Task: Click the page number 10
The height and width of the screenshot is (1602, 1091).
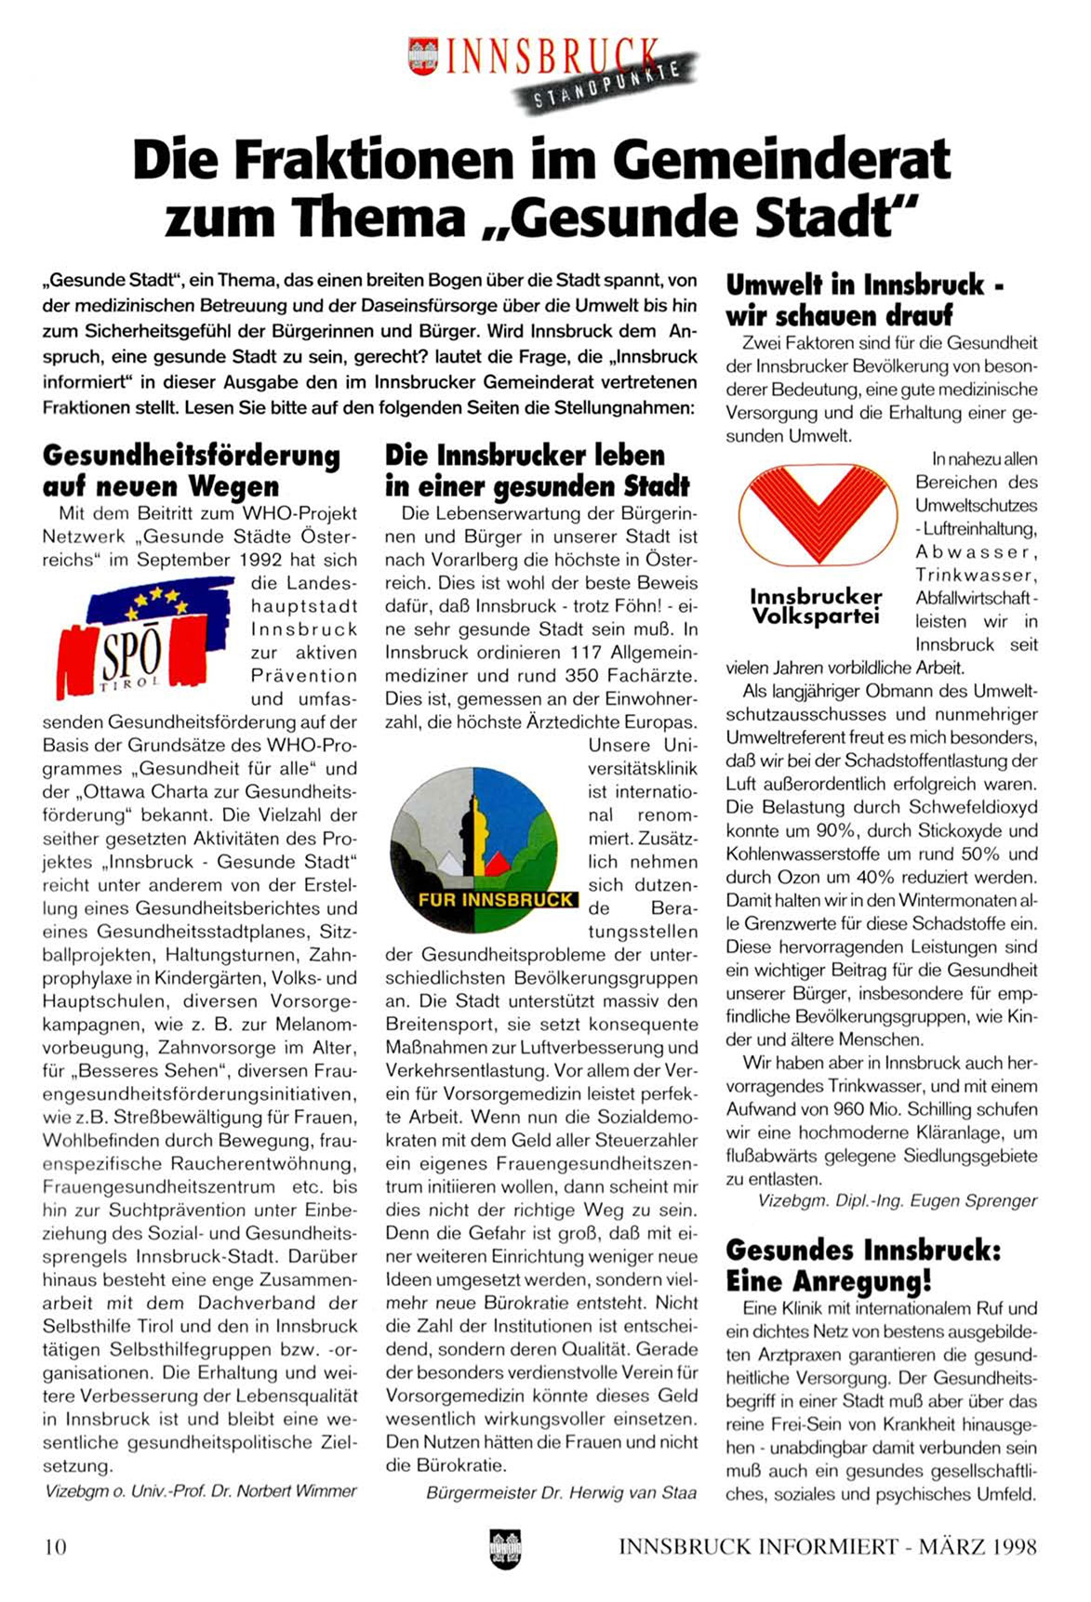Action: pos(55,1546)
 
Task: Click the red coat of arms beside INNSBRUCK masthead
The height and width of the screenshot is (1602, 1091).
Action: pos(423,56)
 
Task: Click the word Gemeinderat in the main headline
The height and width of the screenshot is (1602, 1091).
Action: pos(781,160)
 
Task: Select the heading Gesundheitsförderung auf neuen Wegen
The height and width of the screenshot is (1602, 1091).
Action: pos(191,470)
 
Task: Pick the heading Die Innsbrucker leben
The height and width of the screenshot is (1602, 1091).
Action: pos(526,456)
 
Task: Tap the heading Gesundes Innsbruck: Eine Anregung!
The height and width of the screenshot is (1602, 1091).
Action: pos(863,1264)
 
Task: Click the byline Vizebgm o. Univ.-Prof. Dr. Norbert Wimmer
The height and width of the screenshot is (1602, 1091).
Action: pos(200,1490)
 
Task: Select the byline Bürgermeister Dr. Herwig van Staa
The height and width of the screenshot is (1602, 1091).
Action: pos(561,1492)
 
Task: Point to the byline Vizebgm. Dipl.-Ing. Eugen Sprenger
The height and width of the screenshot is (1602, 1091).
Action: pos(897,1200)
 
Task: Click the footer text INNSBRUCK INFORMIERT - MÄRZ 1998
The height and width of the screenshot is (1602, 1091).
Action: pos(827,1546)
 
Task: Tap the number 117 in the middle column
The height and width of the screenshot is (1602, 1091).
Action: pos(586,653)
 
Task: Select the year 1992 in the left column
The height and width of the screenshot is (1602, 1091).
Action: pos(265,560)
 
